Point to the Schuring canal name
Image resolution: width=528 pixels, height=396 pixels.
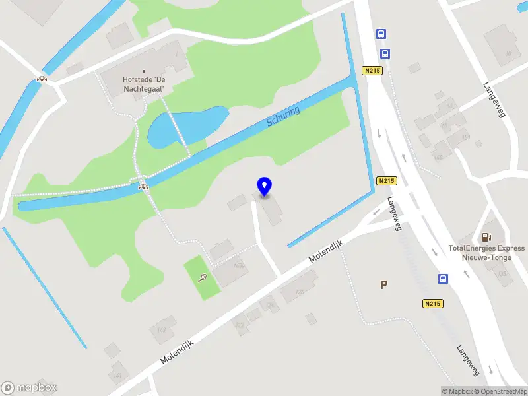[283, 117]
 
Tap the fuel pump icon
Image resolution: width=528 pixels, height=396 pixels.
[486, 236]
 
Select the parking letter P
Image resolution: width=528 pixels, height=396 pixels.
[383, 285]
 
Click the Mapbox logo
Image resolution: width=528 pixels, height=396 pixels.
[29, 388]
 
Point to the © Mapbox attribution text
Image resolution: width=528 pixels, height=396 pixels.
[457, 391]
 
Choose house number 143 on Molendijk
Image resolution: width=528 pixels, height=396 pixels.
[162, 329]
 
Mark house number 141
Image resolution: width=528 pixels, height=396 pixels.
[118, 375]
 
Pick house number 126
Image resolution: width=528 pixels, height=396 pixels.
[299, 292]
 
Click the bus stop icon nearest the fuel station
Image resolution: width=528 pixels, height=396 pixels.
[443, 279]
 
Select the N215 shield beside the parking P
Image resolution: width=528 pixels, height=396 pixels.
[432, 304]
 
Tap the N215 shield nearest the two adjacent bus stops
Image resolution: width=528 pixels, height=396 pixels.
[373, 71]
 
